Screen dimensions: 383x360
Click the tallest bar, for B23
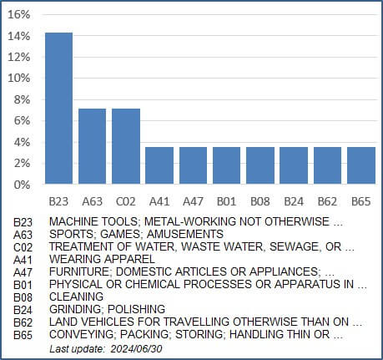[x=59, y=108]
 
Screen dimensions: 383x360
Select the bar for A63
[x=93, y=146]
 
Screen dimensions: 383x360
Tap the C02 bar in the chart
[x=126, y=146]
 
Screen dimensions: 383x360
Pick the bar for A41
[x=159, y=165]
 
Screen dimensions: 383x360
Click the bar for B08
[x=260, y=165]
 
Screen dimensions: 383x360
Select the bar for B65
[x=361, y=165]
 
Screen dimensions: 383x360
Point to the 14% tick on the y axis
[x=18, y=36]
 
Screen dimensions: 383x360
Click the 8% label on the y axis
[x=22, y=99]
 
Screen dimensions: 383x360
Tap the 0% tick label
[x=22, y=185]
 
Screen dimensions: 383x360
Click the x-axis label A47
[x=193, y=201]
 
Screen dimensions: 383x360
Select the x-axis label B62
[x=327, y=201]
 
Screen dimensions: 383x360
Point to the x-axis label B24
[x=294, y=201]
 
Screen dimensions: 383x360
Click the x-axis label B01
[x=226, y=201]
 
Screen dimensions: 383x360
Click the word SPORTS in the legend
[x=72, y=234]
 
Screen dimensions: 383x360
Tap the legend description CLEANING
[x=76, y=297]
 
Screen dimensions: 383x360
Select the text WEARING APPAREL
[x=102, y=259]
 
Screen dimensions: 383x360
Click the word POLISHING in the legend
[x=136, y=309]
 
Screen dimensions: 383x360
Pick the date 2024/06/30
[x=136, y=349]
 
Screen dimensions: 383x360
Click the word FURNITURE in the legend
[x=79, y=271]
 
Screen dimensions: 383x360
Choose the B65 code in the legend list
[x=23, y=335]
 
